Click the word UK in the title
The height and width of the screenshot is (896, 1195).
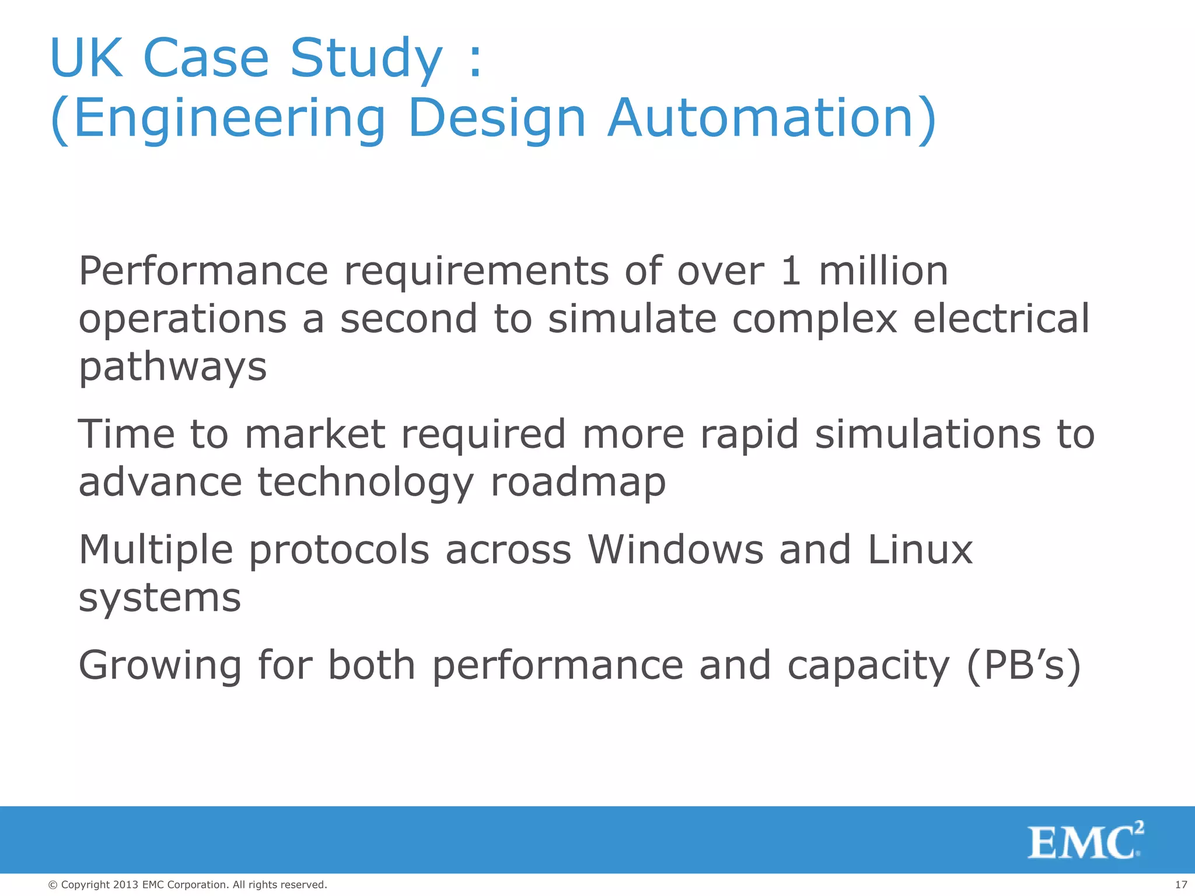tap(86, 58)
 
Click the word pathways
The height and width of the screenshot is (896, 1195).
tap(173, 367)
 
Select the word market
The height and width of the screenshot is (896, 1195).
tap(315, 435)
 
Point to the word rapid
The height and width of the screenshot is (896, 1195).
tap(749, 435)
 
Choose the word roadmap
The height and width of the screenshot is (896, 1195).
tap(578, 483)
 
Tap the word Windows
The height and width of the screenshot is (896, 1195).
tap(675, 549)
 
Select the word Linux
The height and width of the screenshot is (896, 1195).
tap(920, 549)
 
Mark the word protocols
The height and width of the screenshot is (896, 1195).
tap(339, 551)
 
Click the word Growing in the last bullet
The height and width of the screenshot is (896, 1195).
tap(160, 666)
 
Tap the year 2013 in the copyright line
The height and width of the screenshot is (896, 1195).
tap(126, 885)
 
